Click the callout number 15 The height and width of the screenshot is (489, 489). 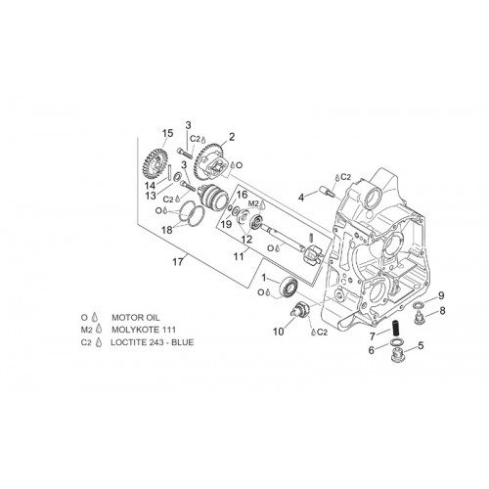pos(167,133)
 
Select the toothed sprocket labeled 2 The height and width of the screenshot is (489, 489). pos(208,160)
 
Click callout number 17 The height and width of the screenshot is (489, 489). pos(178,262)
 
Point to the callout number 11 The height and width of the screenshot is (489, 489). pos(239,256)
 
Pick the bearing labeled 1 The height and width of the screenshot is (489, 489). pos(289,287)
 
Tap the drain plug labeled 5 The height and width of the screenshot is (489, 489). pos(397,355)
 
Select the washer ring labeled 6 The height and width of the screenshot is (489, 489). pos(396,342)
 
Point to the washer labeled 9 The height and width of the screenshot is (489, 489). pos(419,305)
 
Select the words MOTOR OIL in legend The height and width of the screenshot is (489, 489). pos(136,317)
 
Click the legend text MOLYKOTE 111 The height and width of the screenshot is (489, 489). pos(144,330)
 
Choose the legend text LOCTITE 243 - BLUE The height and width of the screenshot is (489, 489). pos(153,342)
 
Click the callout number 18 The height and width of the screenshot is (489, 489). pos(167,230)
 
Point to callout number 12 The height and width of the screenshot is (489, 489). pos(246,240)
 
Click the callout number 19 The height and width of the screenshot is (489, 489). pos(226,225)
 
